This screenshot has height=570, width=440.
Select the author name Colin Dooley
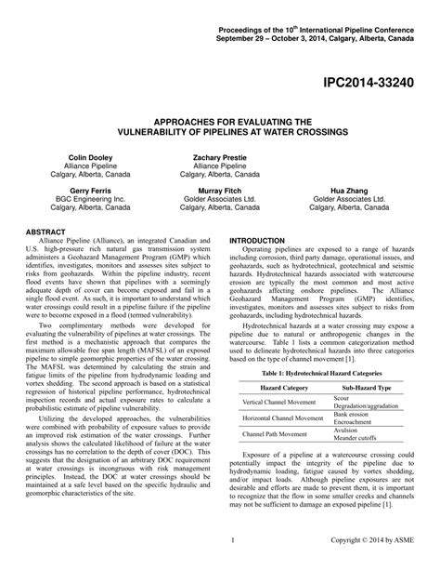click(x=89, y=158)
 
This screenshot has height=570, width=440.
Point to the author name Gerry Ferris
click(x=89, y=189)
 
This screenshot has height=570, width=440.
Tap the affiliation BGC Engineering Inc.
click(x=89, y=198)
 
